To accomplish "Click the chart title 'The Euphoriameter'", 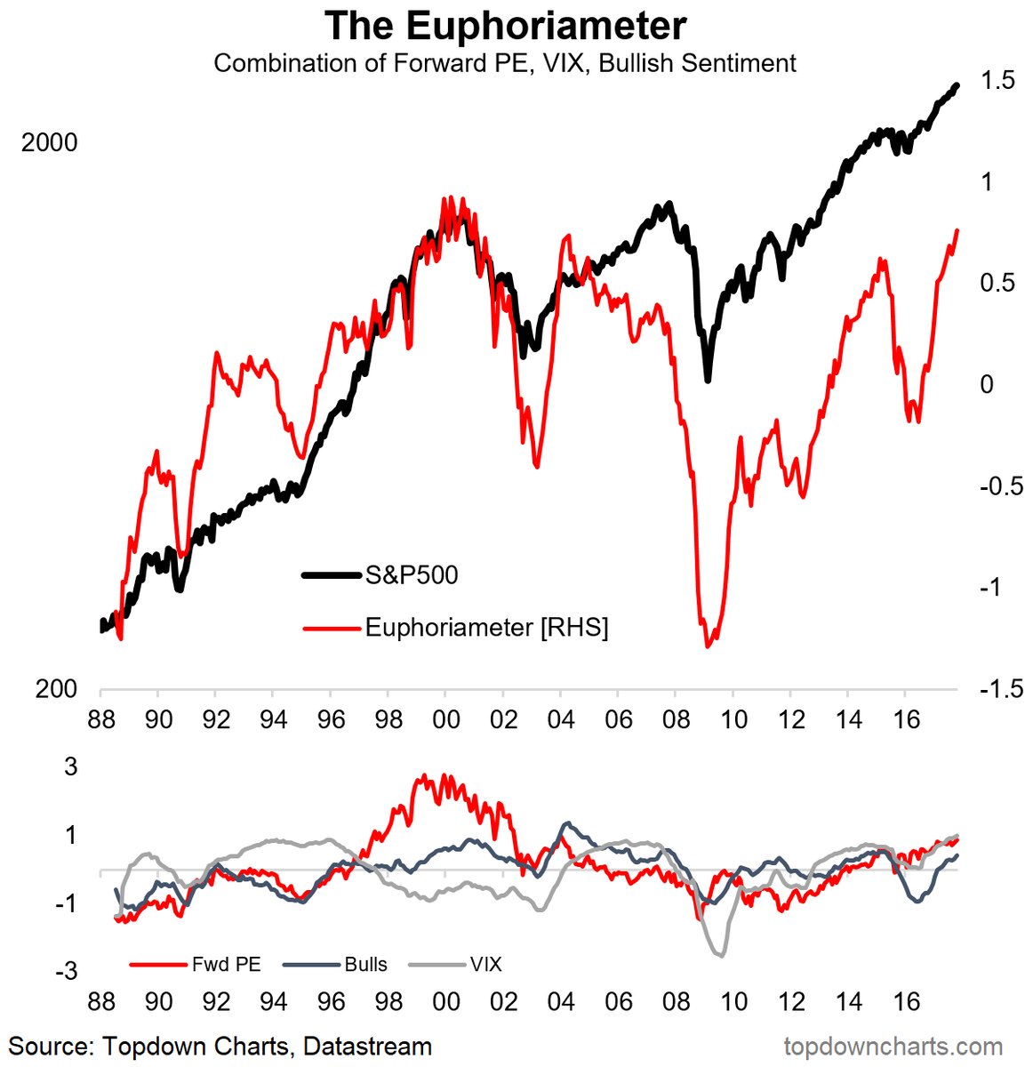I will point(505,26).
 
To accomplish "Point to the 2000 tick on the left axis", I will point(50,142).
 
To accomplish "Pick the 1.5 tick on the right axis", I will point(995,81).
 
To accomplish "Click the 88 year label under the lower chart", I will point(101,1002).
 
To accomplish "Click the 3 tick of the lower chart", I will point(71,766).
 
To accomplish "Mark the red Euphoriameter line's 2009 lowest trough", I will point(708,646).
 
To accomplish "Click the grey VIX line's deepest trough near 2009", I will point(720,955).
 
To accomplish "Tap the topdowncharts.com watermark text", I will point(893,1047).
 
